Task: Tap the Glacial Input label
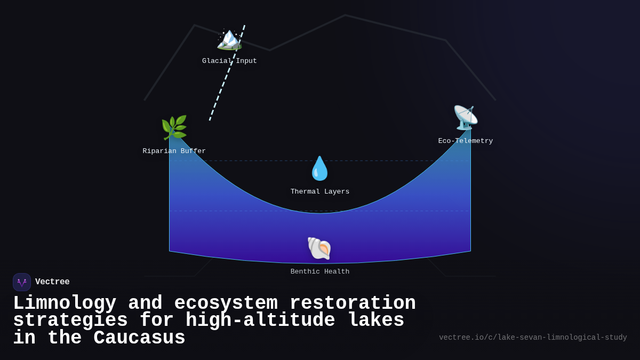(x=229, y=61)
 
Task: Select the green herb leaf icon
(x=174, y=127)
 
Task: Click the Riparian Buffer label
(x=174, y=151)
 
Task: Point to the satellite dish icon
(x=465, y=118)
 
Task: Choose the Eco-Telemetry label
(x=465, y=141)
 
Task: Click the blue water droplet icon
(x=320, y=169)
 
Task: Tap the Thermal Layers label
(x=320, y=192)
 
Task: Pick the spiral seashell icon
(x=319, y=249)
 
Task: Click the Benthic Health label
(x=320, y=272)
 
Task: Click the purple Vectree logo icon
(x=22, y=282)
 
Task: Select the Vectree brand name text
(x=52, y=282)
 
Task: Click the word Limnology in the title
(x=65, y=303)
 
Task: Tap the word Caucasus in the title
(x=139, y=339)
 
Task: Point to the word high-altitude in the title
(x=260, y=321)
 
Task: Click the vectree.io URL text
(x=533, y=338)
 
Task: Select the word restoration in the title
(x=353, y=303)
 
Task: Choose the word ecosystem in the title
(x=226, y=303)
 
